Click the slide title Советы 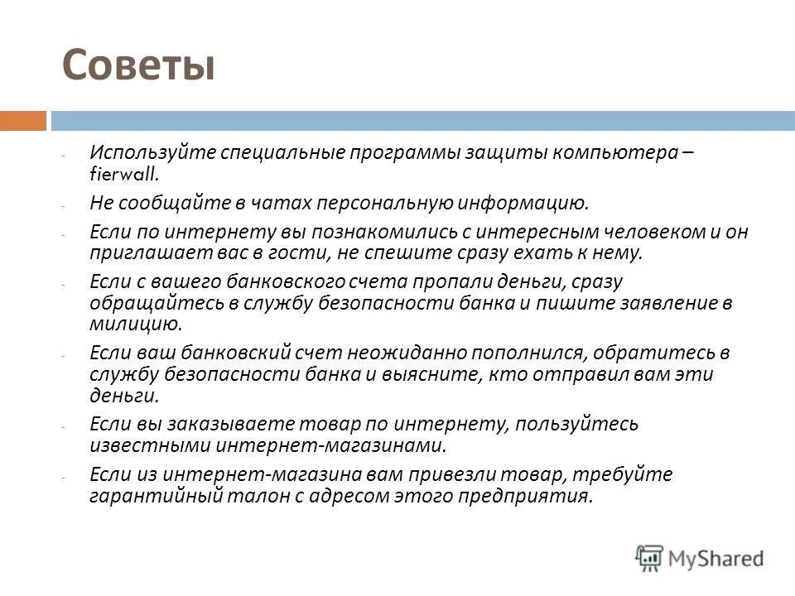(138, 65)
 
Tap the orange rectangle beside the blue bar (22, 121)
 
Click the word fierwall (123, 175)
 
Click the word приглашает (138, 252)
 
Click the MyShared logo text (712, 558)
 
